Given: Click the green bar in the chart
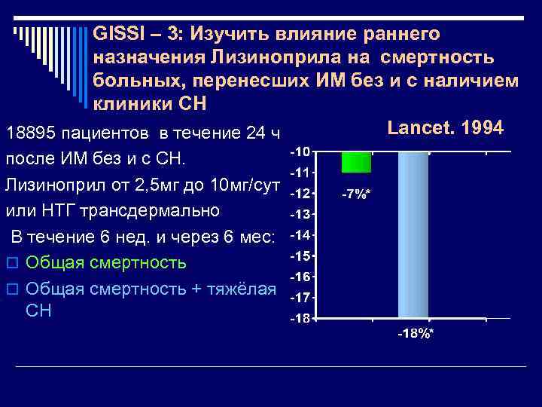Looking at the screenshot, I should coord(355,162).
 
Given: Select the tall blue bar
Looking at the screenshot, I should coord(413,234).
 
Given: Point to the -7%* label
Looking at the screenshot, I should coord(355,194).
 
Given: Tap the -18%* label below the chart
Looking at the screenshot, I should coord(416,333).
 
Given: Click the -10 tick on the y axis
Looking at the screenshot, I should coord(299,151).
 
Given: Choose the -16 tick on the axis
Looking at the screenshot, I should coord(300,277).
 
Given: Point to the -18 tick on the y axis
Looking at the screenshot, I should coord(300,319).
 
